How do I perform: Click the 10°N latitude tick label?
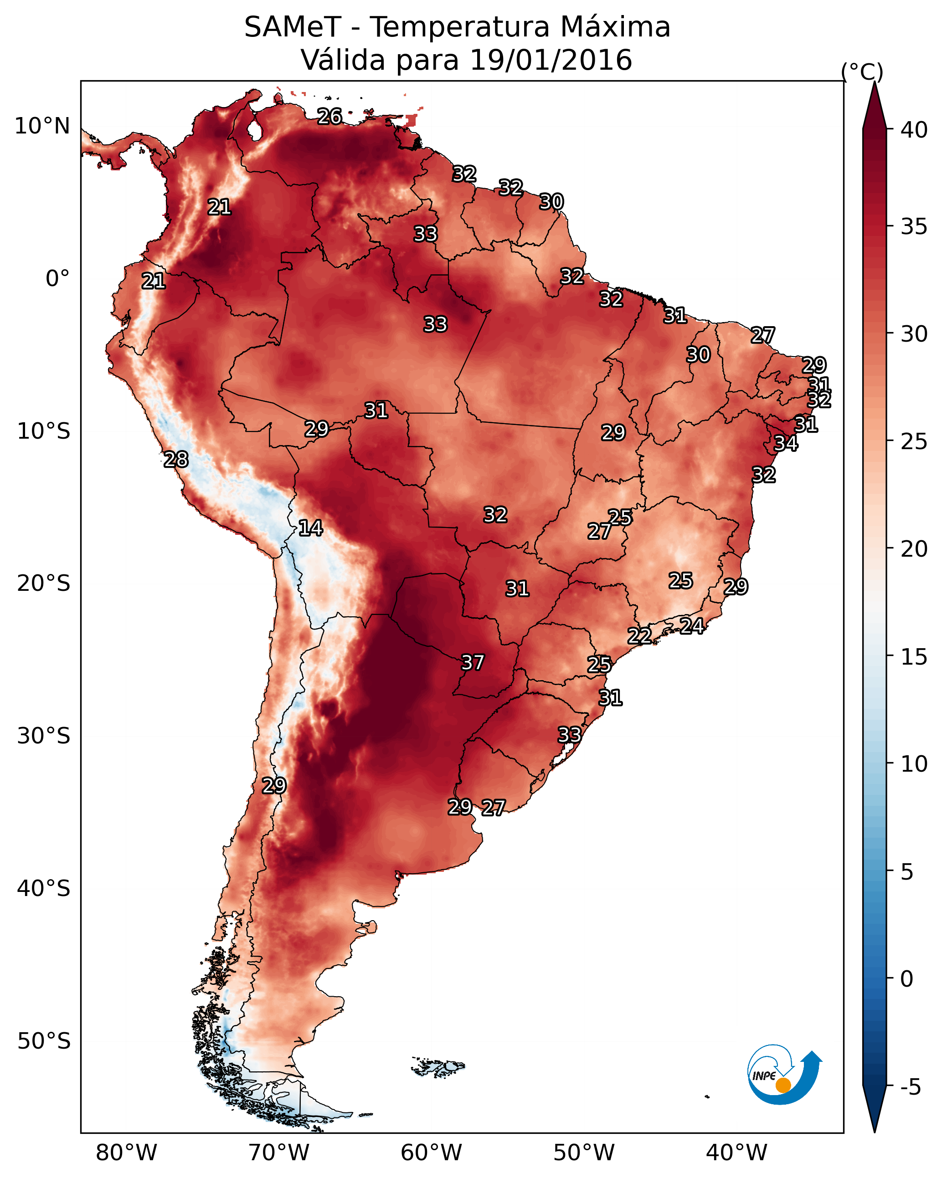click(x=42, y=126)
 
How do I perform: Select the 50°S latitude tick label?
click(x=44, y=1041)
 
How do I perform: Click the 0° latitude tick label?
click(x=57, y=279)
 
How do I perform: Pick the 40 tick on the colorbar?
click(x=914, y=130)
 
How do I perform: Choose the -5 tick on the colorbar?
click(x=910, y=1087)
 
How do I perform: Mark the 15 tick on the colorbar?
click(x=914, y=657)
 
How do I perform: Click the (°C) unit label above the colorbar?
click(x=862, y=72)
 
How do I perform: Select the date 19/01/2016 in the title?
click(x=551, y=60)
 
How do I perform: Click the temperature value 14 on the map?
click(x=310, y=528)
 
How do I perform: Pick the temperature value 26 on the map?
click(x=329, y=116)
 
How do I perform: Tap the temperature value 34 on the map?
click(x=786, y=443)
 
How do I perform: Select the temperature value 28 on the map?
click(x=176, y=460)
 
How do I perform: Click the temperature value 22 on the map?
click(x=639, y=636)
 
